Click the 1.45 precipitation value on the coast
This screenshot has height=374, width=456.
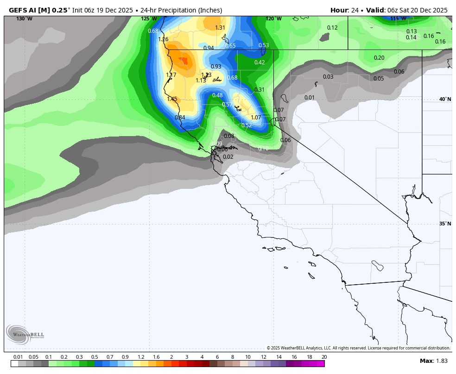[x=172, y=99]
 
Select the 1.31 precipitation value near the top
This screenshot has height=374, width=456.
[x=220, y=28]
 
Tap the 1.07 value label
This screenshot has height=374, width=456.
[x=256, y=118]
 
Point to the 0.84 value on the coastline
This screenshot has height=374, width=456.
[x=180, y=118]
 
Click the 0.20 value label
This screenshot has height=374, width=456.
[x=379, y=58]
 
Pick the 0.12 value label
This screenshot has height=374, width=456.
[x=332, y=28]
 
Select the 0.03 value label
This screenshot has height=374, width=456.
[x=328, y=77]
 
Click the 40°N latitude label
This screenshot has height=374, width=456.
[x=445, y=100]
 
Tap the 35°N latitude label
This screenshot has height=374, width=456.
[x=445, y=224]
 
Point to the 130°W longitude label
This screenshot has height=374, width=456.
[x=24, y=19]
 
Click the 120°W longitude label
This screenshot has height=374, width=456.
[x=273, y=19]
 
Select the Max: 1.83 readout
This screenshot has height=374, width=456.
[x=434, y=361]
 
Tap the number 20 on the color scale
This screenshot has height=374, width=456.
[x=324, y=357]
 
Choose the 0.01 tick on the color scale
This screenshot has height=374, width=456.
[x=18, y=357]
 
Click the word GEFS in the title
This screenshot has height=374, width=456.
[x=17, y=10]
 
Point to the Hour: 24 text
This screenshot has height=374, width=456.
[x=346, y=10]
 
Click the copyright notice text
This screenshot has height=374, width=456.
[x=358, y=348]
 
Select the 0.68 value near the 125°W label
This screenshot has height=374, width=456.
[x=153, y=31]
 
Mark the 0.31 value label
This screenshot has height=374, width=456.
[x=260, y=90]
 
